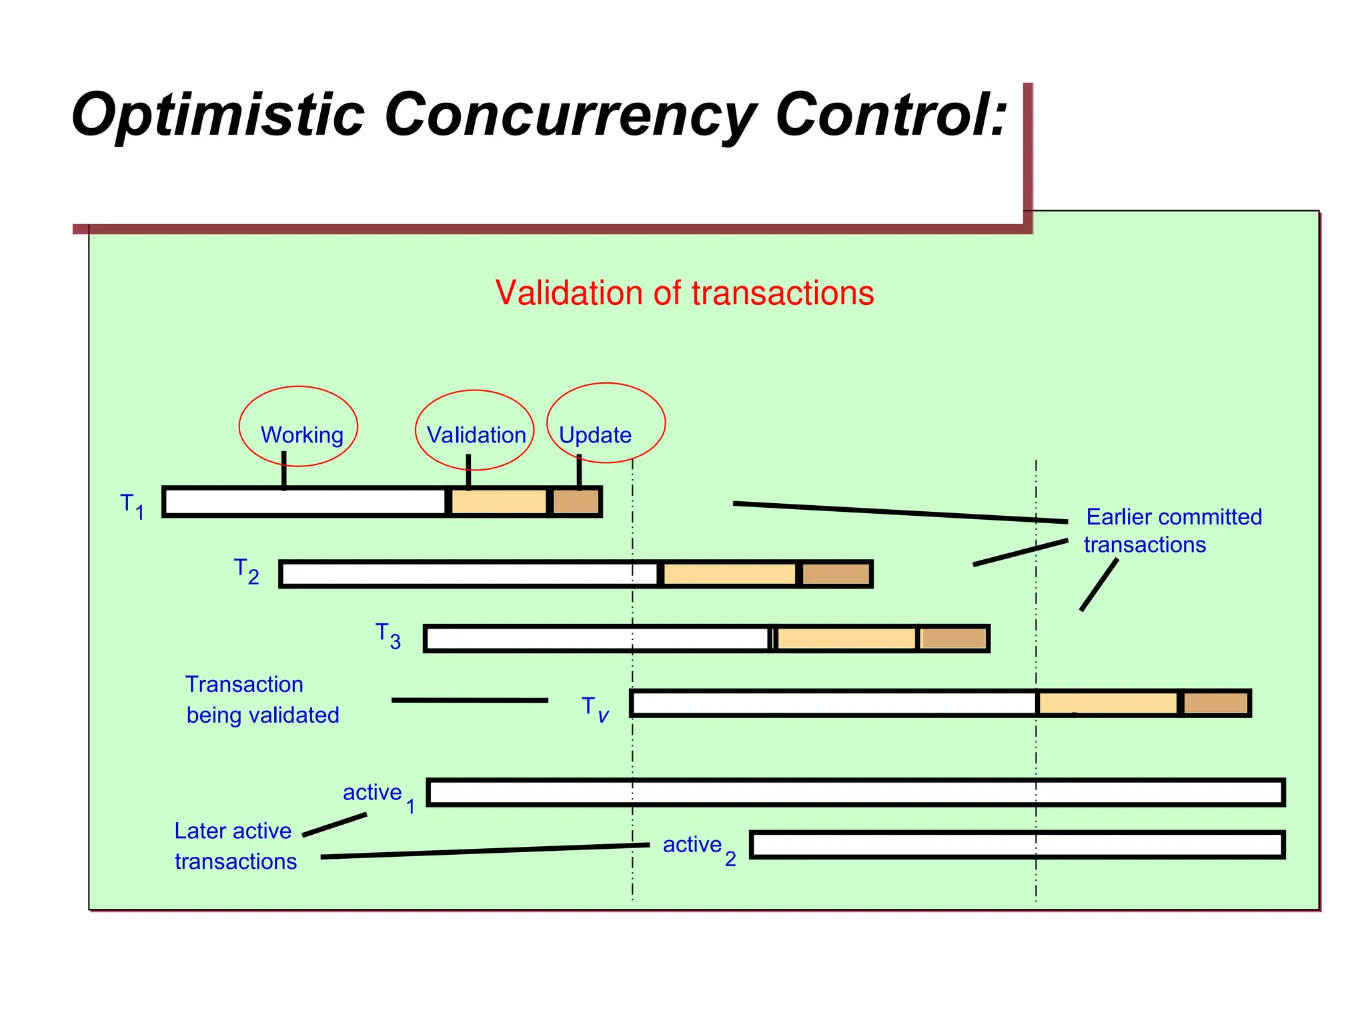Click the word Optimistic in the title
(217, 115)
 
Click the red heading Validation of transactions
(684, 293)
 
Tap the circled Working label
(301, 435)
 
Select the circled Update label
(595, 435)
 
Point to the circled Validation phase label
(476, 435)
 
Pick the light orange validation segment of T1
(499, 502)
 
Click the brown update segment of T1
(576, 502)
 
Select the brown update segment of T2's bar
(835, 574)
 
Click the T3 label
(388, 635)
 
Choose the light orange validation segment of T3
(846, 639)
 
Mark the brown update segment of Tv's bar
(1215, 703)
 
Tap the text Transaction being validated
(261, 699)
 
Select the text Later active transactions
(235, 845)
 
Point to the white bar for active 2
(1016, 845)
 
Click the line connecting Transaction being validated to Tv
(470, 700)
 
